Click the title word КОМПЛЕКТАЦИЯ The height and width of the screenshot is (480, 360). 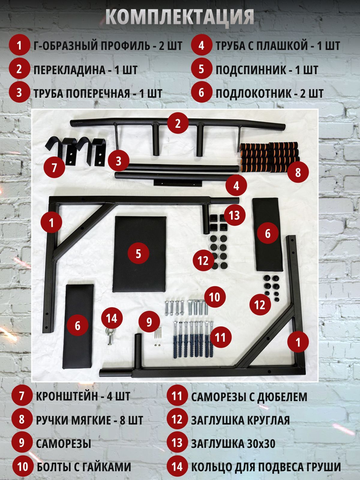(180, 17)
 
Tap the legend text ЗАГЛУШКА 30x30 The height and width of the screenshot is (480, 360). (233, 443)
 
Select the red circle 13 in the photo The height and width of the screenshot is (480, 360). (234, 215)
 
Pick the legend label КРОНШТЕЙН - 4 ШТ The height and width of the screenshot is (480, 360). (83, 396)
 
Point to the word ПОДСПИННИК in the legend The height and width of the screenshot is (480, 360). (250, 70)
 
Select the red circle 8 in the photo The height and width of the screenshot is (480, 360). (298, 172)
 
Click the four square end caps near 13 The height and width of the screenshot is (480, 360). (218, 222)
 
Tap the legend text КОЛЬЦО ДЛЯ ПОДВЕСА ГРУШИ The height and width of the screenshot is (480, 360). (266, 467)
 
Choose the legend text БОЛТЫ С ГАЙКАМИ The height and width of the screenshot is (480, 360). (84, 467)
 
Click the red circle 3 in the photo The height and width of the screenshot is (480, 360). (118, 161)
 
